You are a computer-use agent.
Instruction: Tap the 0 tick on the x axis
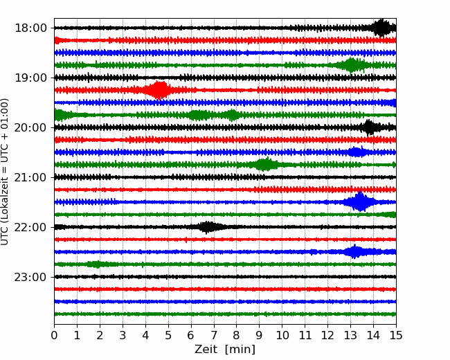pyautogui.click(x=54, y=336)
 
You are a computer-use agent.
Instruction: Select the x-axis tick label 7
pyautogui.click(x=214, y=336)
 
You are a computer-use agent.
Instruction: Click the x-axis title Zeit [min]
pyautogui.click(x=225, y=350)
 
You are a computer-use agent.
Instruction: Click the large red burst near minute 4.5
pyautogui.click(x=159, y=90)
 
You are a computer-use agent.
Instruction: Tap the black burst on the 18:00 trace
pyautogui.click(x=381, y=28)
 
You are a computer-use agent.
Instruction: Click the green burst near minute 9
pyautogui.click(x=265, y=165)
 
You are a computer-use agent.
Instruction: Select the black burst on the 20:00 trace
pyautogui.click(x=370, y=127)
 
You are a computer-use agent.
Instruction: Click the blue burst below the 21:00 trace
pyautogui.click(x=360, y=202)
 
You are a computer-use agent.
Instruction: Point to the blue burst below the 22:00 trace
pyautogui.click(x=355, y=252)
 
